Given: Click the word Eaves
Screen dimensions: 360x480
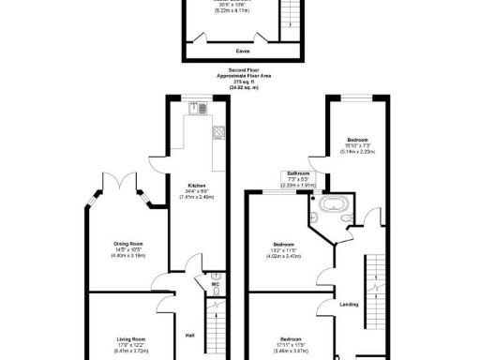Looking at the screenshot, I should tap(243, 51).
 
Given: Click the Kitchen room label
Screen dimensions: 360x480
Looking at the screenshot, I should tap(196, 185).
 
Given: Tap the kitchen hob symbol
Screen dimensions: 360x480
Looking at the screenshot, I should tap(217, 132).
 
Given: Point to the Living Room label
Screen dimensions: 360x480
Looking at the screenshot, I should tap(131, 338).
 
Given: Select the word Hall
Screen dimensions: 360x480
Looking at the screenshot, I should tap(189, 335).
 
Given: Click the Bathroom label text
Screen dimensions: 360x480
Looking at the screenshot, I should tap(299, 173).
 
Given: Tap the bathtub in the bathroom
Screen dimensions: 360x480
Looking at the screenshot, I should tap(334, 206).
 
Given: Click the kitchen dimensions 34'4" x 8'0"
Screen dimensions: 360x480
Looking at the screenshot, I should tap(197, 191).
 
